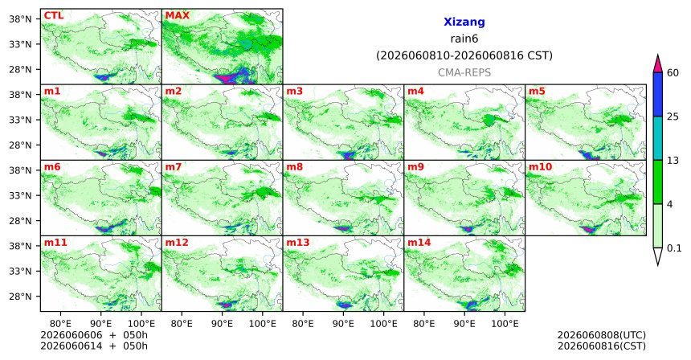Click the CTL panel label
pos(54,15)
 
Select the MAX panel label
pos(177,15)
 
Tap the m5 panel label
pos(537,92)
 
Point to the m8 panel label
pos(294,167)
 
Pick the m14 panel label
pos(419,243)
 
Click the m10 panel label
pos(540,167)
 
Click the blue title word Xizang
pos(464,22)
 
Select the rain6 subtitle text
pos(464,39)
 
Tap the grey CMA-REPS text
pos(464,72)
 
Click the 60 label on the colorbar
pos(673,72)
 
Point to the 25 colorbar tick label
pos(673,117)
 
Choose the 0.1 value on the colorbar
pos(674,248)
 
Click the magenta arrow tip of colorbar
pos(658,56)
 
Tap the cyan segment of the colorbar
pos(658,138)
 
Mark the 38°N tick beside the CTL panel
pos(21,18)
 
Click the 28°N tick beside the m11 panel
pos(21,296)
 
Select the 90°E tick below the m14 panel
pos(464,324)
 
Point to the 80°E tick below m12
pos(182,324)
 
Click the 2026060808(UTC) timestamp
pos(602,336)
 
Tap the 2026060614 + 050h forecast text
pos(94,346)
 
